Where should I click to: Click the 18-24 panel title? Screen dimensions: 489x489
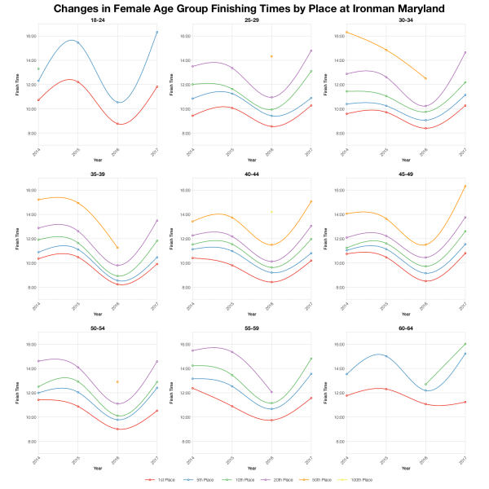point(97,20)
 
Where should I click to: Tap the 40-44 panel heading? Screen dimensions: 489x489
point(250,174)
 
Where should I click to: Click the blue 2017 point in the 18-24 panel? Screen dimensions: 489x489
point(156,32)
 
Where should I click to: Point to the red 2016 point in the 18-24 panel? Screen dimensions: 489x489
point(117,124)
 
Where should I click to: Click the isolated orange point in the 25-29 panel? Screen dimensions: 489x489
point(271,56)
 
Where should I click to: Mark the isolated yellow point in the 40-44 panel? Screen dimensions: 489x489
point(271,212)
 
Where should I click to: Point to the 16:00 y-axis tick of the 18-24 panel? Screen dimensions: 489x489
point(28,36)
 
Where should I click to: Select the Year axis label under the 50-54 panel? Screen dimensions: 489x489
point(97,469)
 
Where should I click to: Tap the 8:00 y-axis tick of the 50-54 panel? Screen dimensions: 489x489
point(28,442)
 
